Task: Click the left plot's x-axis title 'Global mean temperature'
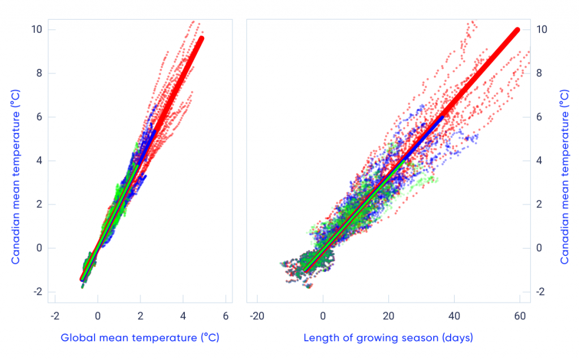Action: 140,338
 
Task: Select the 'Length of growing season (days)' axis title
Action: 388,338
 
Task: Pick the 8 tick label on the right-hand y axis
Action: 540,73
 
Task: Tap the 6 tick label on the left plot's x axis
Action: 226,315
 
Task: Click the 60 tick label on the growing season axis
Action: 519,315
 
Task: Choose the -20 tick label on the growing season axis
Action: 256,315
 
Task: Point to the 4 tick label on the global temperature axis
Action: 183,315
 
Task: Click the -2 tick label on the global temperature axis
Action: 54,315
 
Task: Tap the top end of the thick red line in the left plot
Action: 201,39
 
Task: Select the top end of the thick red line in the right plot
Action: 516,30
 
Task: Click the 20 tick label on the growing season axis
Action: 388,315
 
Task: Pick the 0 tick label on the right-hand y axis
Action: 540,248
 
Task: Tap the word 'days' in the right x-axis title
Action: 458,338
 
